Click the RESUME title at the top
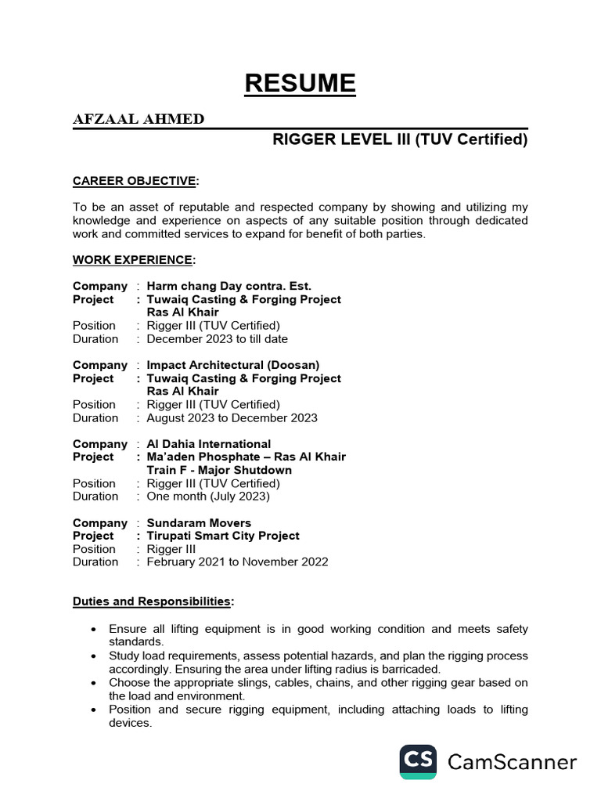tap(300, 83)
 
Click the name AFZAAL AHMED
tap(139, 119)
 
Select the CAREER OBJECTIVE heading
tap(135, 182)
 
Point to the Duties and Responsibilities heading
tap(153, 601)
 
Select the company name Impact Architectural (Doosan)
tap(233, 365)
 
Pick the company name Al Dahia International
tap(209, 444)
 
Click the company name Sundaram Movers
tap(199, 522)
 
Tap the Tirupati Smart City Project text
tap(223, 536)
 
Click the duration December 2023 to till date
tap(218, 339)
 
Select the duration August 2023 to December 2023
tap(232, 417)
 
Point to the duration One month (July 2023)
tap(208, 496)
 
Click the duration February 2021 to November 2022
tap(238, 562)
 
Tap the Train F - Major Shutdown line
tap(219, 470)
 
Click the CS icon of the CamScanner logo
tap(419, 761)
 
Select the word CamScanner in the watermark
tap(512, 761)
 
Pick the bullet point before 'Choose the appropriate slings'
tap(94, 683)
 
